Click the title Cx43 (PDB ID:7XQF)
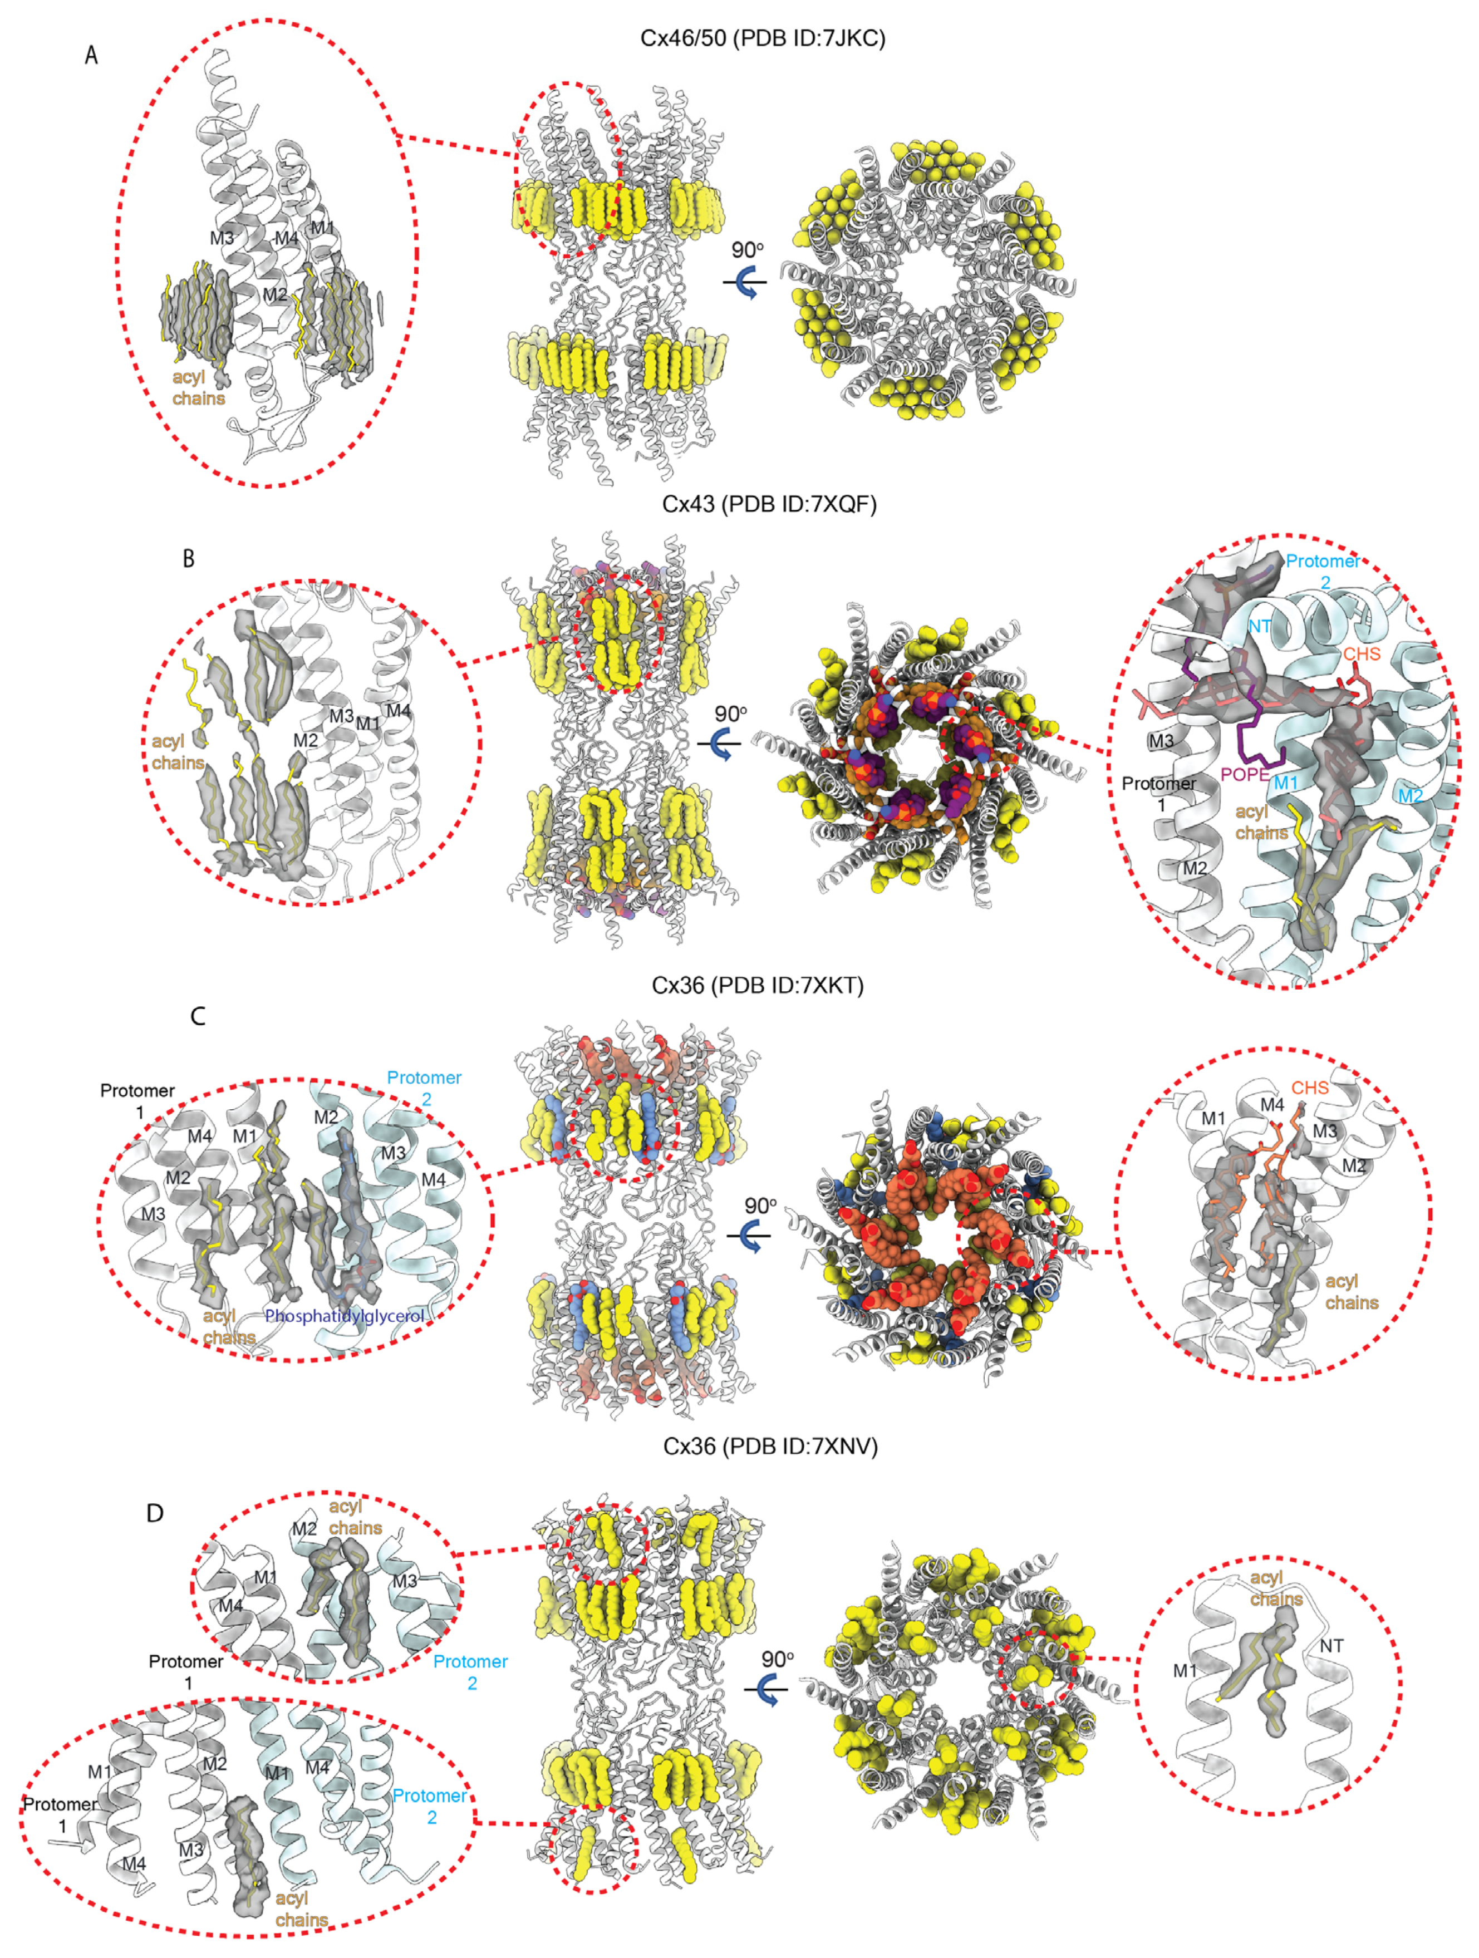(769, 505)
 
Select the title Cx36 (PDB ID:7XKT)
(758, 985)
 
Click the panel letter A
(91, 55)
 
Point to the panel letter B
(189, 559)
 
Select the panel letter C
(198, 1016)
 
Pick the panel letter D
(155, 1513)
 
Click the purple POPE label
(1245, 775)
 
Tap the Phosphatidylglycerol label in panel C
(345, 1316)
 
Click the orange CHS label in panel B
(1362, 654)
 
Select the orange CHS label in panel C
(1310, 1088)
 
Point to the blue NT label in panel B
(1260, 626)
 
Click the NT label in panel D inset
(1331, 1646)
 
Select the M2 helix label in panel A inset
(274, 294)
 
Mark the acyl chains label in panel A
(198, 388)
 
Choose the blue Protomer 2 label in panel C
(425, 1088)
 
